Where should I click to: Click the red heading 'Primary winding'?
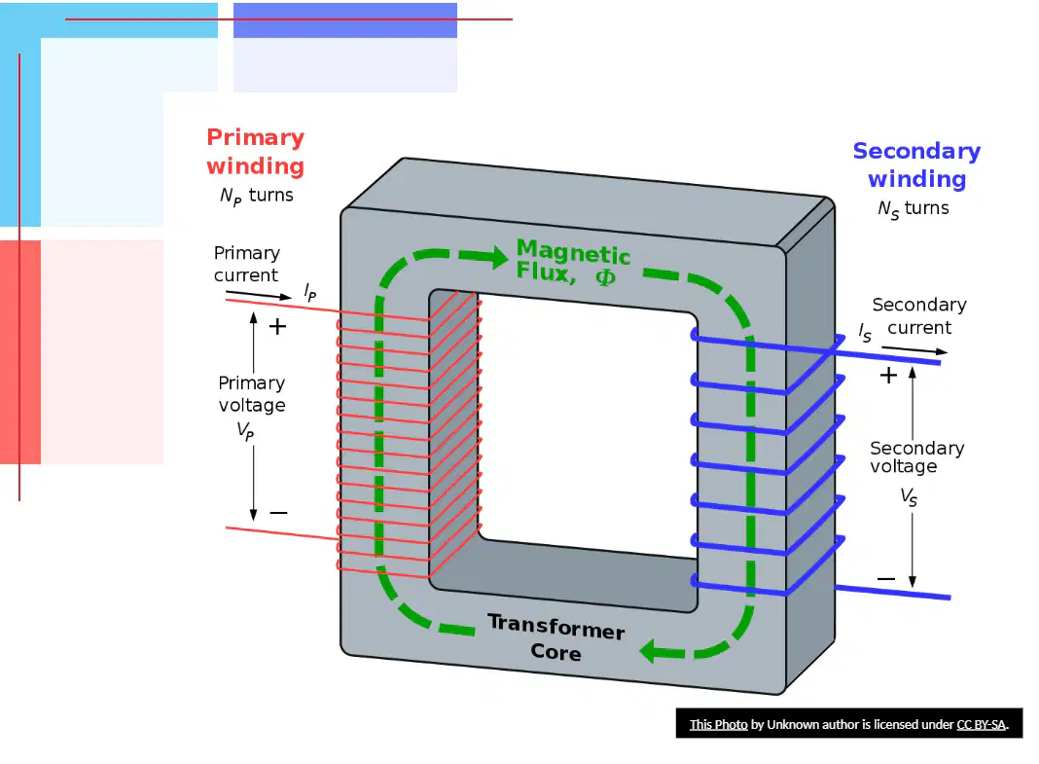(255, 151)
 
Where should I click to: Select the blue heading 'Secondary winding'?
(916, 165)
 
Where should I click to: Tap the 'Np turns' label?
(257, 197)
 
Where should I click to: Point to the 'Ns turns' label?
(914, 209)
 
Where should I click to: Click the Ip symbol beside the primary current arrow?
(310, 292)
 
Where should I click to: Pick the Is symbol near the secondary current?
(865, 333)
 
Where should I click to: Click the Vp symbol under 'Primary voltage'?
(245, 431)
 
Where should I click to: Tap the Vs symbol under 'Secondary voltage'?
(909, 497)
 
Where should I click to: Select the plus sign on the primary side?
(277, 326)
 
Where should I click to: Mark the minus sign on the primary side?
(278, 512)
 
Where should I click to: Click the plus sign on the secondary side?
(888, 376)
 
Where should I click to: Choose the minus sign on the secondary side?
(886, 578)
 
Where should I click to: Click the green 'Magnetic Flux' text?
(573, 262)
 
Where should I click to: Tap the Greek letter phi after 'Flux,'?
(606, 277)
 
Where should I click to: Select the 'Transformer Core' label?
(556, 637)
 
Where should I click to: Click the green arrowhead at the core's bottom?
(656, 651)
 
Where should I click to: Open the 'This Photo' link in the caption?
(718, 724)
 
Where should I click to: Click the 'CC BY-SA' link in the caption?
(981, 724)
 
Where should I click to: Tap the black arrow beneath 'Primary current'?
(259, 295)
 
